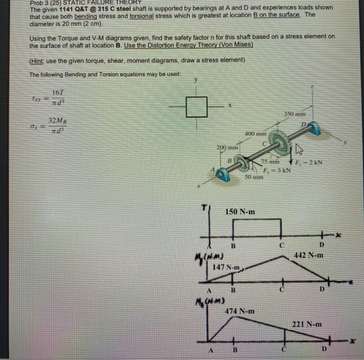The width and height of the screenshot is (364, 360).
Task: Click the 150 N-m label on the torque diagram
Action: coord(240,212)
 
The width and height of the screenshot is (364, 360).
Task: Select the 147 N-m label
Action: coord(227,268)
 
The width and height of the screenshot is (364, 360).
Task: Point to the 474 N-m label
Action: coord(240,311)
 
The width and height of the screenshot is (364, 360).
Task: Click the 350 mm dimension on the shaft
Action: coord(295,114)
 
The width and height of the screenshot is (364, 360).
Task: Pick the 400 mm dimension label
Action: coord(255,134)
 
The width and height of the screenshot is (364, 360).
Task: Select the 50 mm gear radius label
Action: coord(254,178)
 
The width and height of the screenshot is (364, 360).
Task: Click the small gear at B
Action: coord(239,165)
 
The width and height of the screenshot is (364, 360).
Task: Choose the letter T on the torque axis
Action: coord(204,207)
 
